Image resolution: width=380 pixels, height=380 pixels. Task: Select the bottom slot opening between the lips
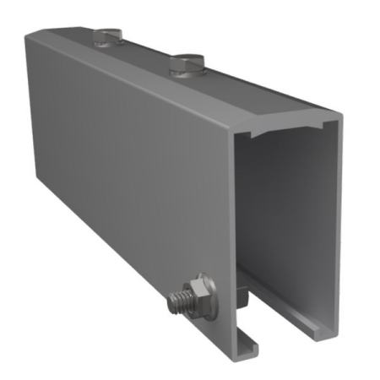tap(283, 334)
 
